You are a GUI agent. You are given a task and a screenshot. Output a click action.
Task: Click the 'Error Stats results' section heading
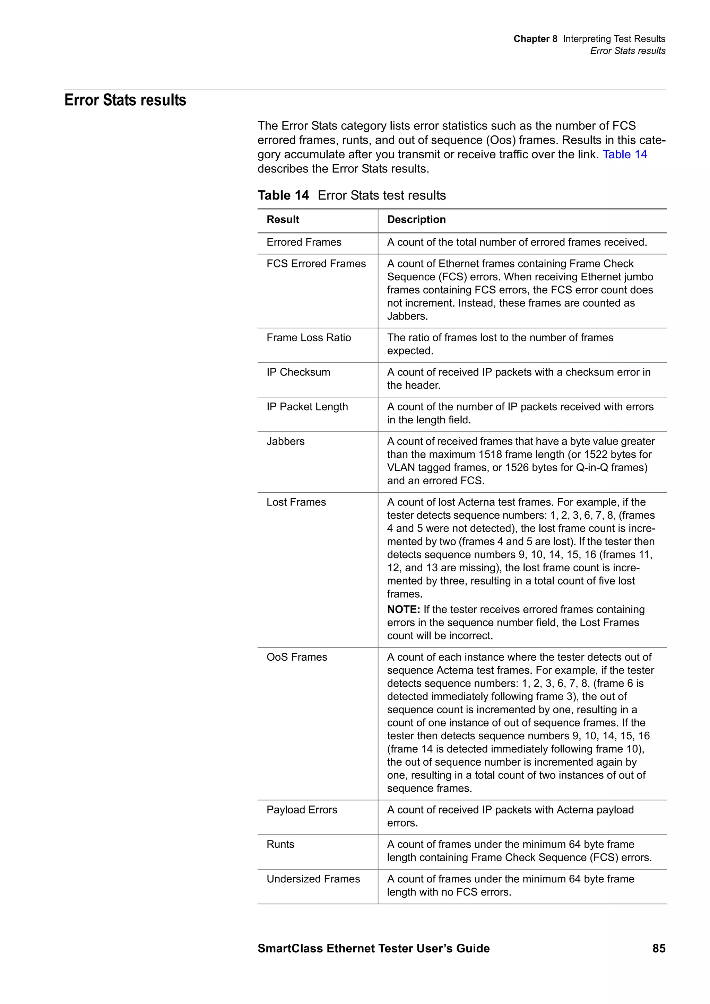pos(125,100)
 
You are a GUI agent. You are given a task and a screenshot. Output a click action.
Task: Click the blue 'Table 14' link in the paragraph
pos(624,155)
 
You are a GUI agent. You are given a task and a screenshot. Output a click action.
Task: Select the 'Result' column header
pos(283,220)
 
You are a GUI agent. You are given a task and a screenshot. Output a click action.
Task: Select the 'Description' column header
pos(416,220)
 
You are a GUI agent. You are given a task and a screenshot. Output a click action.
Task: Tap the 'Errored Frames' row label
pos(304,242)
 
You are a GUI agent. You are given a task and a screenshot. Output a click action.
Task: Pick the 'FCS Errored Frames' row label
pos(316,264)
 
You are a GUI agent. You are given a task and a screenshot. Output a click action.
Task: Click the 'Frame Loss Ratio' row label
pos(309,337)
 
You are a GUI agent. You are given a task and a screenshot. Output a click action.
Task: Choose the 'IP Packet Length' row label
pos(307,407)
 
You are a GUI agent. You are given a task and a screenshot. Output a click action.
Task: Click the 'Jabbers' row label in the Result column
pos(285,441)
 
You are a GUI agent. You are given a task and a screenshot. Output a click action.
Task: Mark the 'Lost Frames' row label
pos(296,502)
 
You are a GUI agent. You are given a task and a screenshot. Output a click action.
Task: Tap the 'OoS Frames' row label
pos(297,657)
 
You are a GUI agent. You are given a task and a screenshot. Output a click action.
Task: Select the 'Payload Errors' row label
pos(302,809)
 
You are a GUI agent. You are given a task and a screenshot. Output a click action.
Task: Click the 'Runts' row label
pos(280,844)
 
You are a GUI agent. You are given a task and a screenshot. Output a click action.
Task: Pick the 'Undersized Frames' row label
pos(313,879)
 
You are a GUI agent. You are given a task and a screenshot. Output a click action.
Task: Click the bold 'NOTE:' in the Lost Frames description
pos(403,610)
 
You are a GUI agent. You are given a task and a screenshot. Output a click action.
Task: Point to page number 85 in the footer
pos(658,948)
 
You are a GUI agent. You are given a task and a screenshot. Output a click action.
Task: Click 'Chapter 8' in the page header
pos(535,39)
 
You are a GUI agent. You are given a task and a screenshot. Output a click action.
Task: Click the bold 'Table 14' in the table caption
pos(283,195)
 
